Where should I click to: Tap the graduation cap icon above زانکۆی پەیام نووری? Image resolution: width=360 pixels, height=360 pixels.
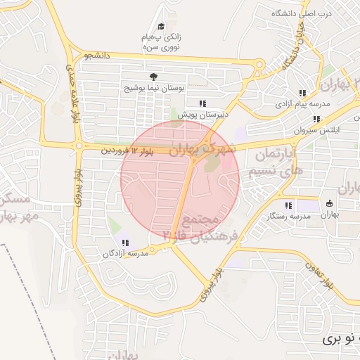pos(161,27)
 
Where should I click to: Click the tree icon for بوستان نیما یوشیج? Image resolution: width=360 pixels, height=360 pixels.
pos(153,77)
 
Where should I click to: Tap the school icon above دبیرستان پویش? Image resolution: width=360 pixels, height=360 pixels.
pos(203,103)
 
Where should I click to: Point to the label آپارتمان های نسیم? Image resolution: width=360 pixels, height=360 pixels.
pos(274,162)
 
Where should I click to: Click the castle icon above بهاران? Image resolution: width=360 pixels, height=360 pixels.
pos(329,204)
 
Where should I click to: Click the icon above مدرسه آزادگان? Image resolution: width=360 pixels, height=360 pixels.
pos(125,243)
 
